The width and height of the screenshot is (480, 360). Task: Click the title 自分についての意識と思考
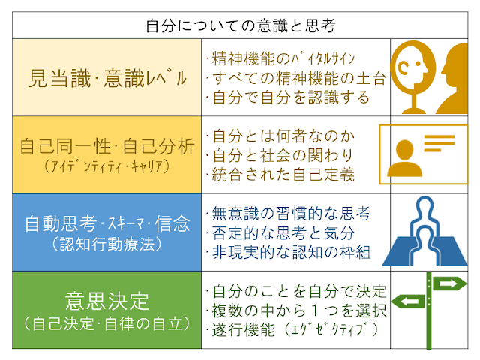[239, 25]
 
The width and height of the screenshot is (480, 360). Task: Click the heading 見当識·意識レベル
[106, 76]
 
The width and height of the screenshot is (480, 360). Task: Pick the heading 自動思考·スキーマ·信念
[106, 223]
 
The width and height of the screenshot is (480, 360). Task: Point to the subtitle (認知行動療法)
[106, 244]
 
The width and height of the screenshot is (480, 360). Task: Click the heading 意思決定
[106, 301]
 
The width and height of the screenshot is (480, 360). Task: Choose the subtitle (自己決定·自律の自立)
[106, 324]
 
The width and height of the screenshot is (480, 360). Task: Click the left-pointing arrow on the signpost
[412, 301]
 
